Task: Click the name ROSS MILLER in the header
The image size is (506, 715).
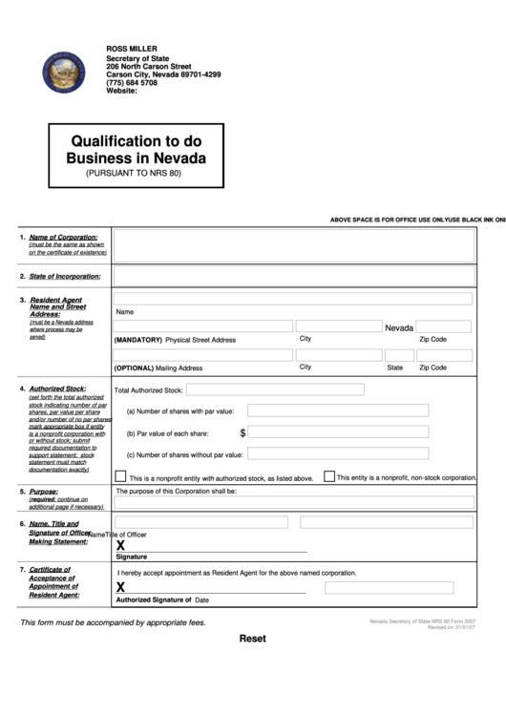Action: click(x=132, y=49)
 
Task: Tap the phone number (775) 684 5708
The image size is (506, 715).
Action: click(x=132, y=83)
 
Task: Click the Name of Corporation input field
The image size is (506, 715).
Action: click(x=293, y=245)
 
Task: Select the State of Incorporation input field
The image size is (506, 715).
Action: click(x=293, y=276)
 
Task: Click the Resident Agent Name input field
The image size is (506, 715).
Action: click(x=293, y=299)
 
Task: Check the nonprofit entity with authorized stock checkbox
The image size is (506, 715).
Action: click(x=120, y=476)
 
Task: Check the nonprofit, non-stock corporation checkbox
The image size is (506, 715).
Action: click(x=329, y=475)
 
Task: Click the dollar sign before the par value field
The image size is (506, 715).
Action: click(x=243, y=432)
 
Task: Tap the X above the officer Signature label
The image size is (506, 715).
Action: click(x=120, y=544)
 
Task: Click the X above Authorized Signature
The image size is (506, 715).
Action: click(x=120, y=588)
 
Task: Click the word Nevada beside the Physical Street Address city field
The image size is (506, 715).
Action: click(x=399, y=327)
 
